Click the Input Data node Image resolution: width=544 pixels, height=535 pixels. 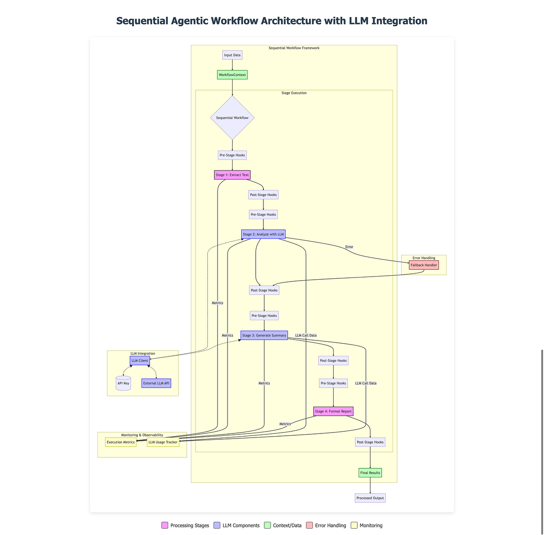tap(232, 55)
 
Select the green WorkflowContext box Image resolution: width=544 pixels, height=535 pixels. tap(232, 75)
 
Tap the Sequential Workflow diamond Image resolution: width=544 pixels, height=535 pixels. tap(232, 117)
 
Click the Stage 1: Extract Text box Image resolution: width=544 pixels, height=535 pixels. tap(232, 175)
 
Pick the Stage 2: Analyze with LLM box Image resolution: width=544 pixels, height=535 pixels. tap(263, 234)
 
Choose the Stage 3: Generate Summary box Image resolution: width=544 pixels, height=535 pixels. tap(264, 336)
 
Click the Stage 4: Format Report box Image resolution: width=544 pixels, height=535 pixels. tap(333, 411)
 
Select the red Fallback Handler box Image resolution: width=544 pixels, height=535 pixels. tap(423, 265)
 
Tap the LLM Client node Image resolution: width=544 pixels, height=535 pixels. tap(140, 360)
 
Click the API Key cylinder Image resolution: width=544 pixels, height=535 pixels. tap(123, 383)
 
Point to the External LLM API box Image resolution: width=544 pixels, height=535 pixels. tap(156, 383)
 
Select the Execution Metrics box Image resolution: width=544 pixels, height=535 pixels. tap(121, 442)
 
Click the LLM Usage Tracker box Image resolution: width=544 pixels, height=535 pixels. tap(163, 442)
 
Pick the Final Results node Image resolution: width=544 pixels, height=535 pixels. tap(370, 473)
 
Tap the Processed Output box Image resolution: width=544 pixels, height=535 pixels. tap(370, 498)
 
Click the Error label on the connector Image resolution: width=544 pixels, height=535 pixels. tap(349, 247)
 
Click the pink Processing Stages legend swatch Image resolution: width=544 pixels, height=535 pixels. tap(165, 525)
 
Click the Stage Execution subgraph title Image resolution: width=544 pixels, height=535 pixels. tap(294, 93)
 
